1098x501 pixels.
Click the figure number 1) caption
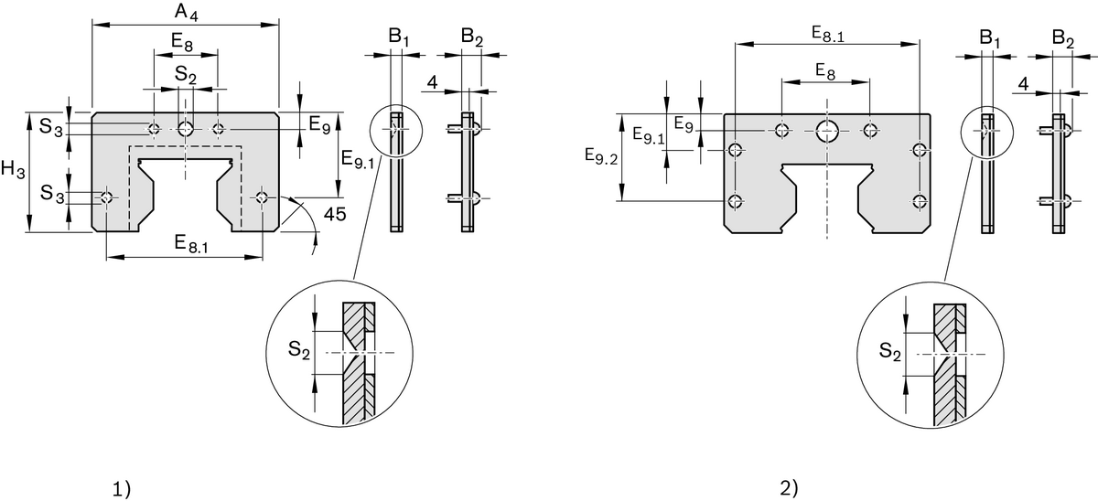123,489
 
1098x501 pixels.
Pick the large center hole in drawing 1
186,128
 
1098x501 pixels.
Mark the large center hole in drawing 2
828,130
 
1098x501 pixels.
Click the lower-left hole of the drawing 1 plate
108,197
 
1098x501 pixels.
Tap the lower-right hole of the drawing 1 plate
264,197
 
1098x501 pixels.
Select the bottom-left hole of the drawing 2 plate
735,201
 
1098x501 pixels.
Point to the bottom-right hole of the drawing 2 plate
920,201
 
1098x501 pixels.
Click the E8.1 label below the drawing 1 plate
189,242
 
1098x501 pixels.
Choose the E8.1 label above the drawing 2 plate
827,32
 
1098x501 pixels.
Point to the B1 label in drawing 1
396,38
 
